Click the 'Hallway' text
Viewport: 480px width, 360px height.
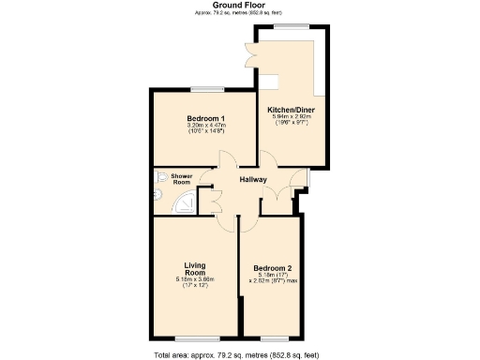click(253, 180)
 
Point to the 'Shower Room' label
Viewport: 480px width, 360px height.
click(181, 178)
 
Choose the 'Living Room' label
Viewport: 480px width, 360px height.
click(195, 268)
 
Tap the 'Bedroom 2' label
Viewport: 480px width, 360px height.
click(273, 267)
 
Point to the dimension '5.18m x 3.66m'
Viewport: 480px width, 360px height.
click(195, 280)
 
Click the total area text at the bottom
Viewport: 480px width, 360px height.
click(240, 354)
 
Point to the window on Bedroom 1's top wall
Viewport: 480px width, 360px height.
click(202, 89)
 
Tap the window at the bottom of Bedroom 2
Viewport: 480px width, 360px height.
click(273, 338)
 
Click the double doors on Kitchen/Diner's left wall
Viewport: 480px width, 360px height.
click(250, 54)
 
